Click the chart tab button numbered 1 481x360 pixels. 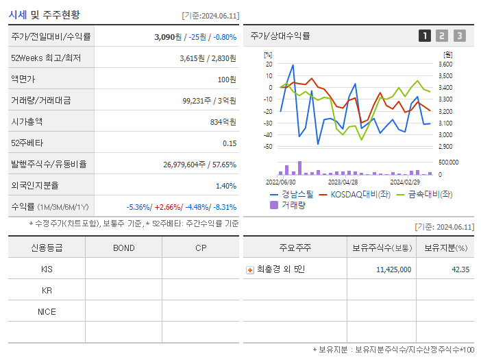[425, 36]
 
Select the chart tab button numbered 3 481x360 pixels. [459, 36]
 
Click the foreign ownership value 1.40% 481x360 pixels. [225, 185]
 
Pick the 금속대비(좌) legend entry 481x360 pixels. [425, 194]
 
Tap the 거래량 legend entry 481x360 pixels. [288, 204]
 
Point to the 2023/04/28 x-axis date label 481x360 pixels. [343, 182]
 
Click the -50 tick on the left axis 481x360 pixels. [268, 147]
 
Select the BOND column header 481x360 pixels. [123, 248]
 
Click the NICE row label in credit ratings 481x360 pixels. [47, 311]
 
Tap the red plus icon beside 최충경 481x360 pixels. [250, 269]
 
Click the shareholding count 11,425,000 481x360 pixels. [394, 269]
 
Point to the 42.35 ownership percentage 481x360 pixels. [460, 269]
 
